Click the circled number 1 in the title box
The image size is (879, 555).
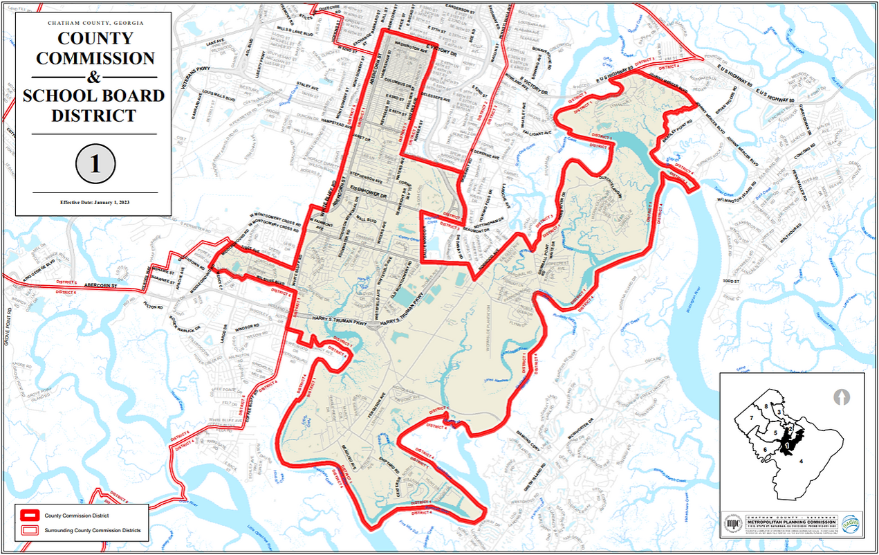pyautogui.click(x=95, y=164)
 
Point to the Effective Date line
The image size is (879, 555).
pyautogui.click(x=95, y=202)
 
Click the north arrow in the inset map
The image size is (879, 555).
pyautogui.click(x=842, y=398)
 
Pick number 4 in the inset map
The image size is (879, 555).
pyautogui.click(x=801, y=460)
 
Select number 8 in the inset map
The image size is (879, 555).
pyautogui.click(x=766, y=405)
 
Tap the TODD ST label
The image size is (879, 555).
pyautogui.click(x=730, y=282)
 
